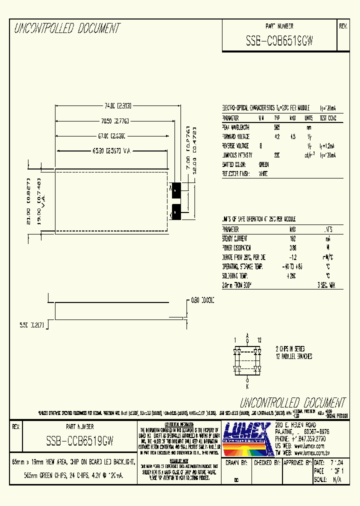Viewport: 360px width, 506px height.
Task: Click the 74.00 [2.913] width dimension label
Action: pyautogui.click(x=117, y=106)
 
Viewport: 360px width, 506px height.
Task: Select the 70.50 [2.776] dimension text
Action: pyautogui.click(x=117, y=120)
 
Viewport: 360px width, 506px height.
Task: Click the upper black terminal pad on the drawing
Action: pyautogui.click(x=176, y=189)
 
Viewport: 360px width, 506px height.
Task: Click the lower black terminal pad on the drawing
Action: pyautogui.click(x=176, y=212)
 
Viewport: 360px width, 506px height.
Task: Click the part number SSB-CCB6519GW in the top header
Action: pyautogui.click(x=279, y=41)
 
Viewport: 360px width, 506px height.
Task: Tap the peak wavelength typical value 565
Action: pyautogui.click(x=277, y=127)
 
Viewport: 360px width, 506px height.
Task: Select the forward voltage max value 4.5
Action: pyautogui.click(x=293, y=136)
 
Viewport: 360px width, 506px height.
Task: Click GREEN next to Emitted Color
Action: pyautogui.click(x=263, y=164)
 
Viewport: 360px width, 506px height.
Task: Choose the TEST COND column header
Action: pyautogui.click(x=328, y=118)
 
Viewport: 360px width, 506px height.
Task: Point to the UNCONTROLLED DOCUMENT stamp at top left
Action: pyautogui.click(x=66, y=28)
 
